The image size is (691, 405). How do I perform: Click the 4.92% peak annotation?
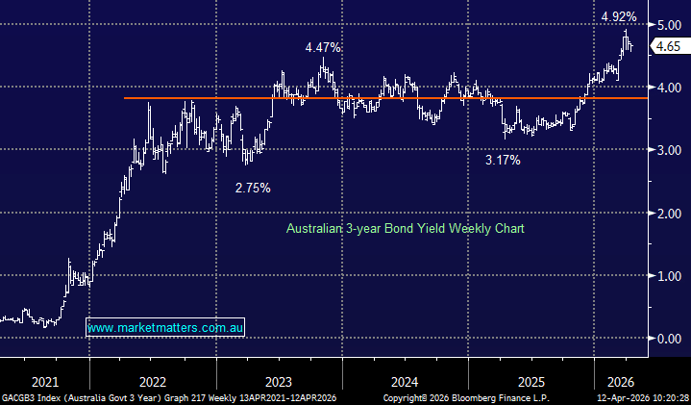pyautogui.click(x=619, y=16)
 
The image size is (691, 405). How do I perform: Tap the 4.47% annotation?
pyautogui.click(x=324, y=47)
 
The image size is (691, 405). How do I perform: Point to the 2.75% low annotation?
pyautogui.click(x=253, y=188)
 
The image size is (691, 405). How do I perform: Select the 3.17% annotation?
pyautogui.click(x=503, y=161)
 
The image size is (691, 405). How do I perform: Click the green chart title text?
pyautogui.click(x=405, y=229)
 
